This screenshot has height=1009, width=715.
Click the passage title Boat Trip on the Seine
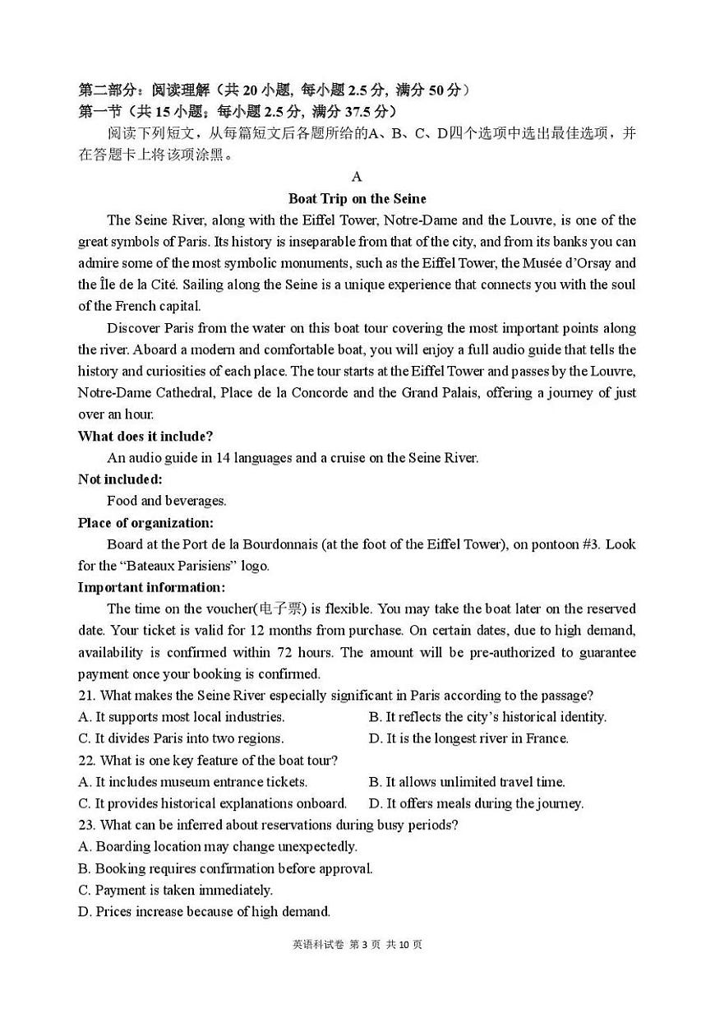coord(357,198)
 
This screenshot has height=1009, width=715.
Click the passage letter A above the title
coord(357,176)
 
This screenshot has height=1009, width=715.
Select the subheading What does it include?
coord(145,436)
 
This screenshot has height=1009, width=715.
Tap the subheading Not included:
coord(120,479)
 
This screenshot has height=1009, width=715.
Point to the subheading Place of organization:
coord(145,522)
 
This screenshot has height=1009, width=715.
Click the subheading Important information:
coord(151,587)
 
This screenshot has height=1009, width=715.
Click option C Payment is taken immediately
coord(175,890)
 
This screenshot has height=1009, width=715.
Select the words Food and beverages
coord(166,501)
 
